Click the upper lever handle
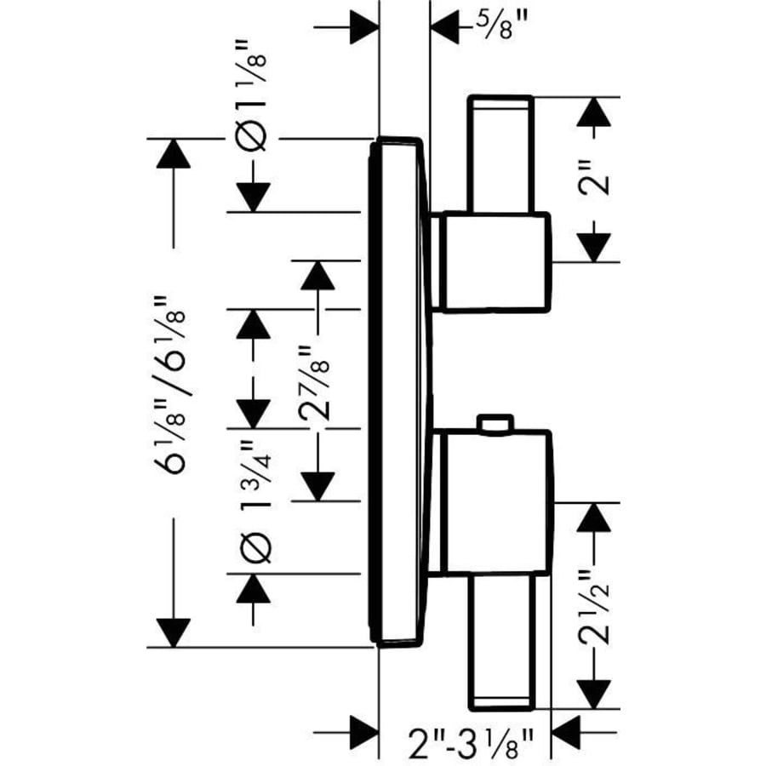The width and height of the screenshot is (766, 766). pos(500,153)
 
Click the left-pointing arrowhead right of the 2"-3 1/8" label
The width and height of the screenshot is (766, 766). pos(568,730)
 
